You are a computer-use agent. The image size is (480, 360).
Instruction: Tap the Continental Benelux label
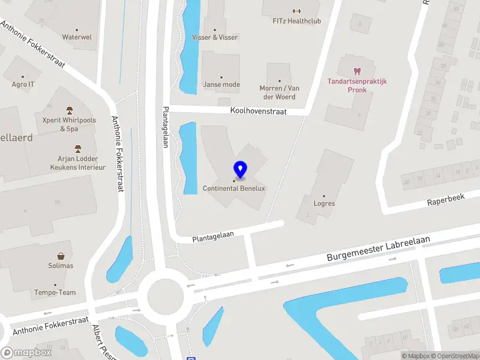pyautogui.click(x=234, y=188)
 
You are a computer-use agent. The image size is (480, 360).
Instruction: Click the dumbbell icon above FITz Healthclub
pyautogui.click(x=296, y=10)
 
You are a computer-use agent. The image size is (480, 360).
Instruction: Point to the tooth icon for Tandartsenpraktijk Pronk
pyautogui.click(x=358, y=71)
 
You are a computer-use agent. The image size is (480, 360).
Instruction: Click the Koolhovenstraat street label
pyautogui.click(x=259, y=112)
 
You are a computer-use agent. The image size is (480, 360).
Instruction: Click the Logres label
pyautogui.click(x=325, y=203)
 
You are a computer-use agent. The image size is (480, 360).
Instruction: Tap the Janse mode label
pyautogui.click(x=221, y=85)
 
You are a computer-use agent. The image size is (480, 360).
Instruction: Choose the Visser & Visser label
pyautogui.click(x=215, y=37)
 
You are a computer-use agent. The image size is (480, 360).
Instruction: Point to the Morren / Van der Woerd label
pyautogui.click(x=279, y=92)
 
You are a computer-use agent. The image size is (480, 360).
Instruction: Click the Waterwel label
pyautogui.click(x=77, y=37)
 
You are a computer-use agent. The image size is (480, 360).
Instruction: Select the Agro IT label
pyautogui.click(x=23, y=85)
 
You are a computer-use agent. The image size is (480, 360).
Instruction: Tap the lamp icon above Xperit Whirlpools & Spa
pyautogui.click(x=69, y=110)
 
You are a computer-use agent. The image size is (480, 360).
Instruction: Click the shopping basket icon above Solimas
pyautogui.click(x=61, y=256)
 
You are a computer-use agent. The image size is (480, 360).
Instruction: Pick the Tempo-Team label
pyautogui.click(x=55, y=293)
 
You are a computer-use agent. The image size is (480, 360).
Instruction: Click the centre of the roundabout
pyautogui.click(x=164, y=295)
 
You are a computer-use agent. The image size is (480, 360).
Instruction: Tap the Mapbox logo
pyautogui.click(x=26, y=353)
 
